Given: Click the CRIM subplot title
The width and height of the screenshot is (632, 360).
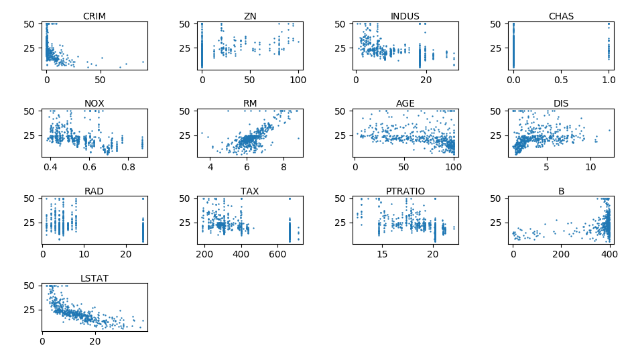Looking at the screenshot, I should pos(94,16).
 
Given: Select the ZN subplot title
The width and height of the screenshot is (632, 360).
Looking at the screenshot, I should pos(250,16).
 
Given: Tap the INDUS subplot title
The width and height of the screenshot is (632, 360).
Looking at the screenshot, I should pos(405,16).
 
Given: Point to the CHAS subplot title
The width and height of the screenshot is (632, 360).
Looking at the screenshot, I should pos(561,16).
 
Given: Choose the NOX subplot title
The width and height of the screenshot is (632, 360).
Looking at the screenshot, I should pos(94,103).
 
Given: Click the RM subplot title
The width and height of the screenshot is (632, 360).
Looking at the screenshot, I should pos(250,103).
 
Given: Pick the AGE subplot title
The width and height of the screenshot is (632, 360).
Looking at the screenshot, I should pos(405,103).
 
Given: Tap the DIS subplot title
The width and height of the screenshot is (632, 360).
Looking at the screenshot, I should pos(561,103).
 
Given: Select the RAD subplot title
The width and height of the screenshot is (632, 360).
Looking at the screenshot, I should pos(94,191).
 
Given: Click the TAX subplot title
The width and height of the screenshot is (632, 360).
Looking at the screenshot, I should pos(250,191).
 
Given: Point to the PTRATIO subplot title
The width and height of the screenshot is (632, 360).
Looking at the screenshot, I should pos(405,191).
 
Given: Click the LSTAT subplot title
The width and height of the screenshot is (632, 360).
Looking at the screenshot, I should pos(94,278).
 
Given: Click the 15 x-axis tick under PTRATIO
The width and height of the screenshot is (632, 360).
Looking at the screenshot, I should pos(381,254).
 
